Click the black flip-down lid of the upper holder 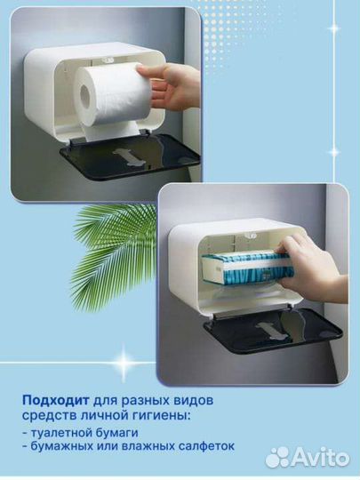click(x=129, y=160)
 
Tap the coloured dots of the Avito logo click(x=278, y=456)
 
